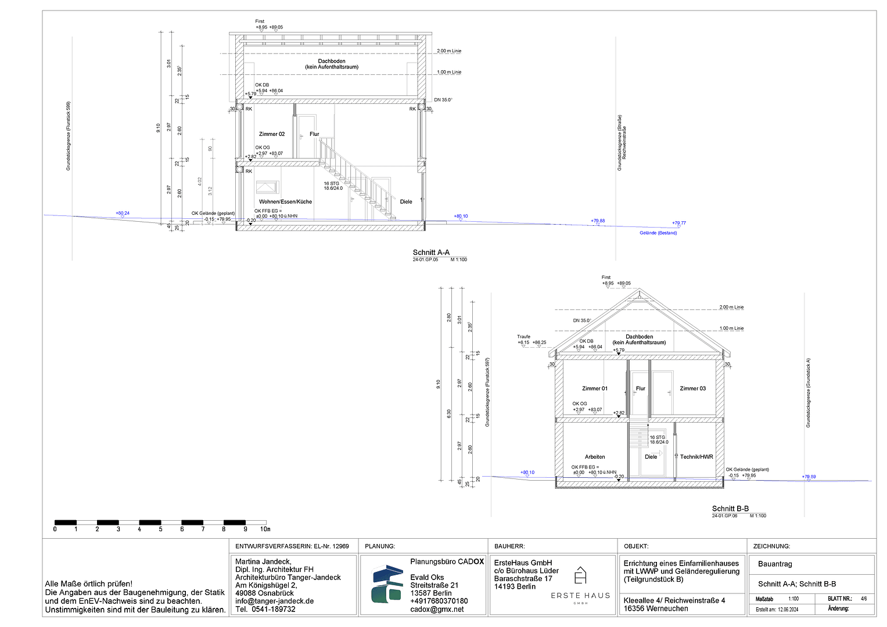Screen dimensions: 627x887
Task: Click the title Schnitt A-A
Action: [431, 253]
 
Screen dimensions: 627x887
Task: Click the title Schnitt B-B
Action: [730, 509]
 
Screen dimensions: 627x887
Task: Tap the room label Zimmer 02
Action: [272, 134]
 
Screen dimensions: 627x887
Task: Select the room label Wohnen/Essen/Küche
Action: [285, 202]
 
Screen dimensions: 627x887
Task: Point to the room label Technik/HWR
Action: [696, 457]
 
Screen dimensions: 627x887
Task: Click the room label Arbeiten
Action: [595, 457]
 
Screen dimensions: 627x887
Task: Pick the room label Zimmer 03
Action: [693, 388]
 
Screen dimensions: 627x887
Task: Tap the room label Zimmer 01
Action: [595, 388]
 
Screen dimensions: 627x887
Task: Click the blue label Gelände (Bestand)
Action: [658, 233]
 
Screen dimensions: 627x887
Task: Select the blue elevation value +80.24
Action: [123, 213]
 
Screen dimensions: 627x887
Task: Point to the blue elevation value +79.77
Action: [678, 223]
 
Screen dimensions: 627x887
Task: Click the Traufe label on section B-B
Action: [523, 337]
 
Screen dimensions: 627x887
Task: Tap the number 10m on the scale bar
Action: [265, 529]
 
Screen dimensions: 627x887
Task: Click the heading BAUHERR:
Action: [509, 546]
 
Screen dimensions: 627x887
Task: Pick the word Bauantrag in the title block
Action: [775, 564]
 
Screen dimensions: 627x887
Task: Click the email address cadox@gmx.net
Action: [437, 610]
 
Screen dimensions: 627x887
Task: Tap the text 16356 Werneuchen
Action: [655, 608]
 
